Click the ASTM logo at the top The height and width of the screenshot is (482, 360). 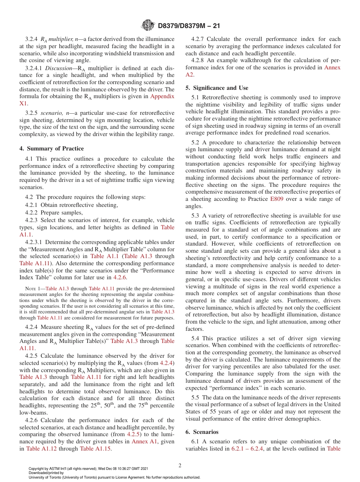tap(148, 25)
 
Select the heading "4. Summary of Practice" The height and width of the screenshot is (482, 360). tap(55, 149)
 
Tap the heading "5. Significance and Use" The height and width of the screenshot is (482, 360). tap(217, 88)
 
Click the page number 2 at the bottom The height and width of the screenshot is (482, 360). tap(180, 465)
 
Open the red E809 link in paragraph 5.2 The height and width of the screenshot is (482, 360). tap(276, 199)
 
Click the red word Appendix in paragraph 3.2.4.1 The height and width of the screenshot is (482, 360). tap(162, 96)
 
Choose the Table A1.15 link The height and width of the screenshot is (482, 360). tap(95, 449)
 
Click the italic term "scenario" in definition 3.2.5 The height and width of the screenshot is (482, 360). tap(53, 113)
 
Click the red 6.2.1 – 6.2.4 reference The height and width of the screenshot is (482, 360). tap(247, 449)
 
